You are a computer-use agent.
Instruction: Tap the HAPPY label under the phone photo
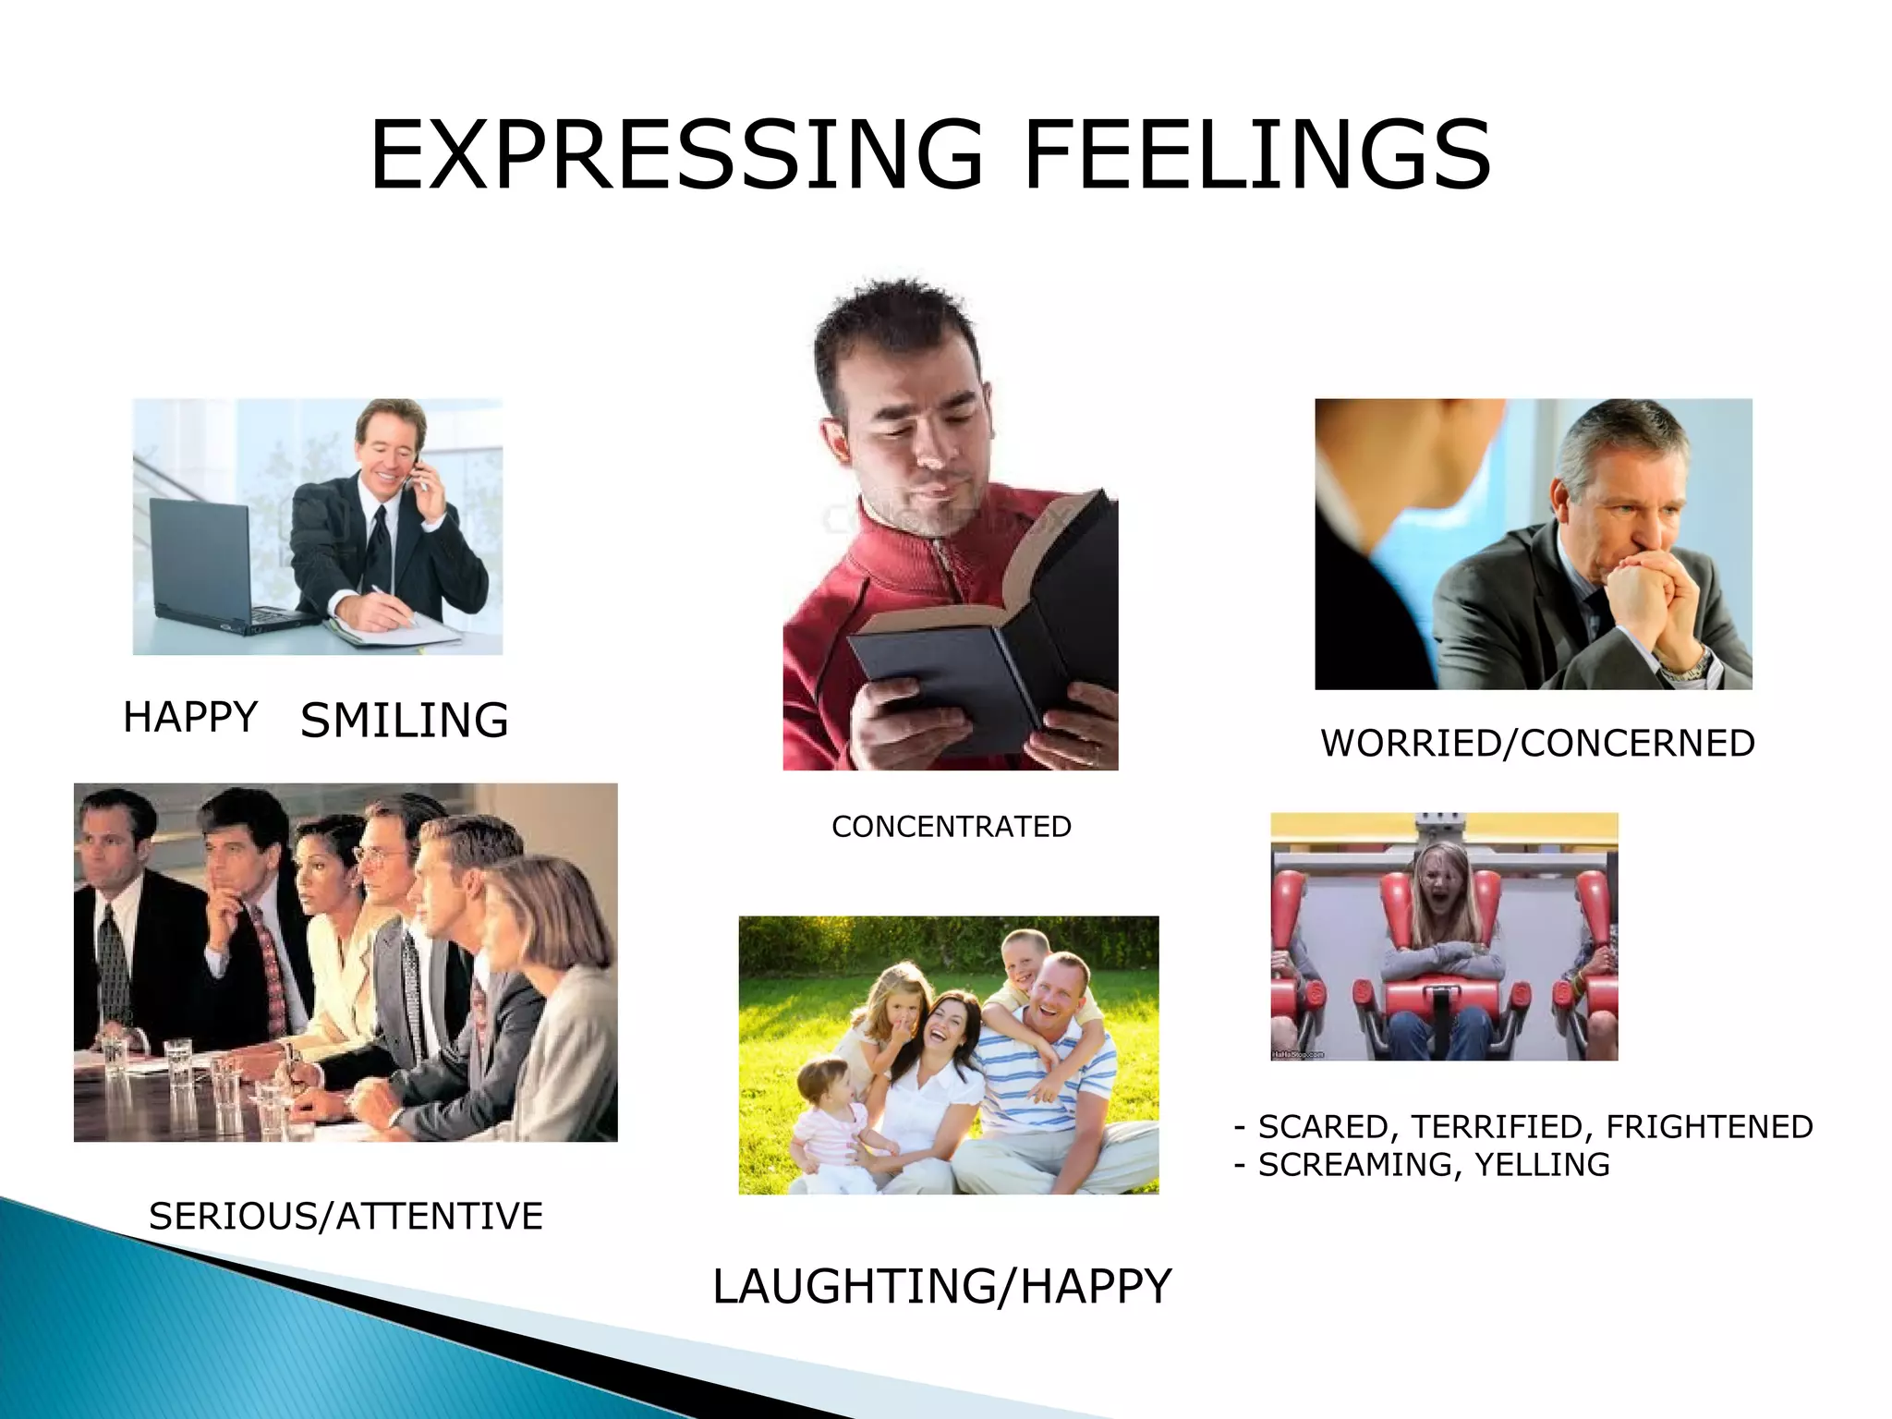point(190,718)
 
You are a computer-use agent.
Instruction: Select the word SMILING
point(405,721)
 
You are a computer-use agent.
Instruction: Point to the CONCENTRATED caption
point(952,826)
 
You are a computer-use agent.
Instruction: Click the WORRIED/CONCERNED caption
point(1537,744)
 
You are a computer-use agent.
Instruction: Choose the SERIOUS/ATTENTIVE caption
point(346,1217)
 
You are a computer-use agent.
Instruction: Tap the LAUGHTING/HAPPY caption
point(941,1286)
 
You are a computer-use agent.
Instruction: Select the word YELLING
point(1542,1165)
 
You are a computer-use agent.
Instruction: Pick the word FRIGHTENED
point(1709,1127)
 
